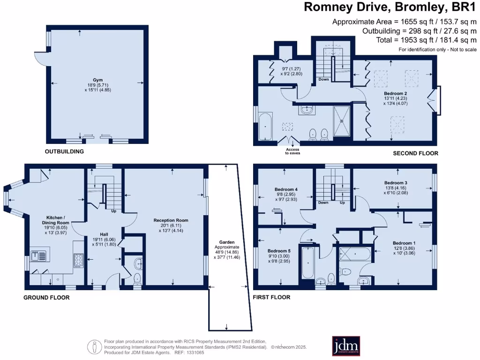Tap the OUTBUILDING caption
pos(64,151)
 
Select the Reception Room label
pos(171,220)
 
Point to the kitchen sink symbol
pos(38,256)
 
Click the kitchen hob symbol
pos(78,260)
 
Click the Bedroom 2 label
pos(392,93)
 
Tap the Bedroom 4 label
pos(286,189)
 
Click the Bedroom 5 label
pos(278,250)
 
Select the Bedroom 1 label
pos(404,243)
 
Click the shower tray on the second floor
pos(341,120)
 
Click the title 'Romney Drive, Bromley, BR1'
pos(390,7)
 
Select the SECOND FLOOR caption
pos(415,153)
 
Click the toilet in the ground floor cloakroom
pos(137,277)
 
